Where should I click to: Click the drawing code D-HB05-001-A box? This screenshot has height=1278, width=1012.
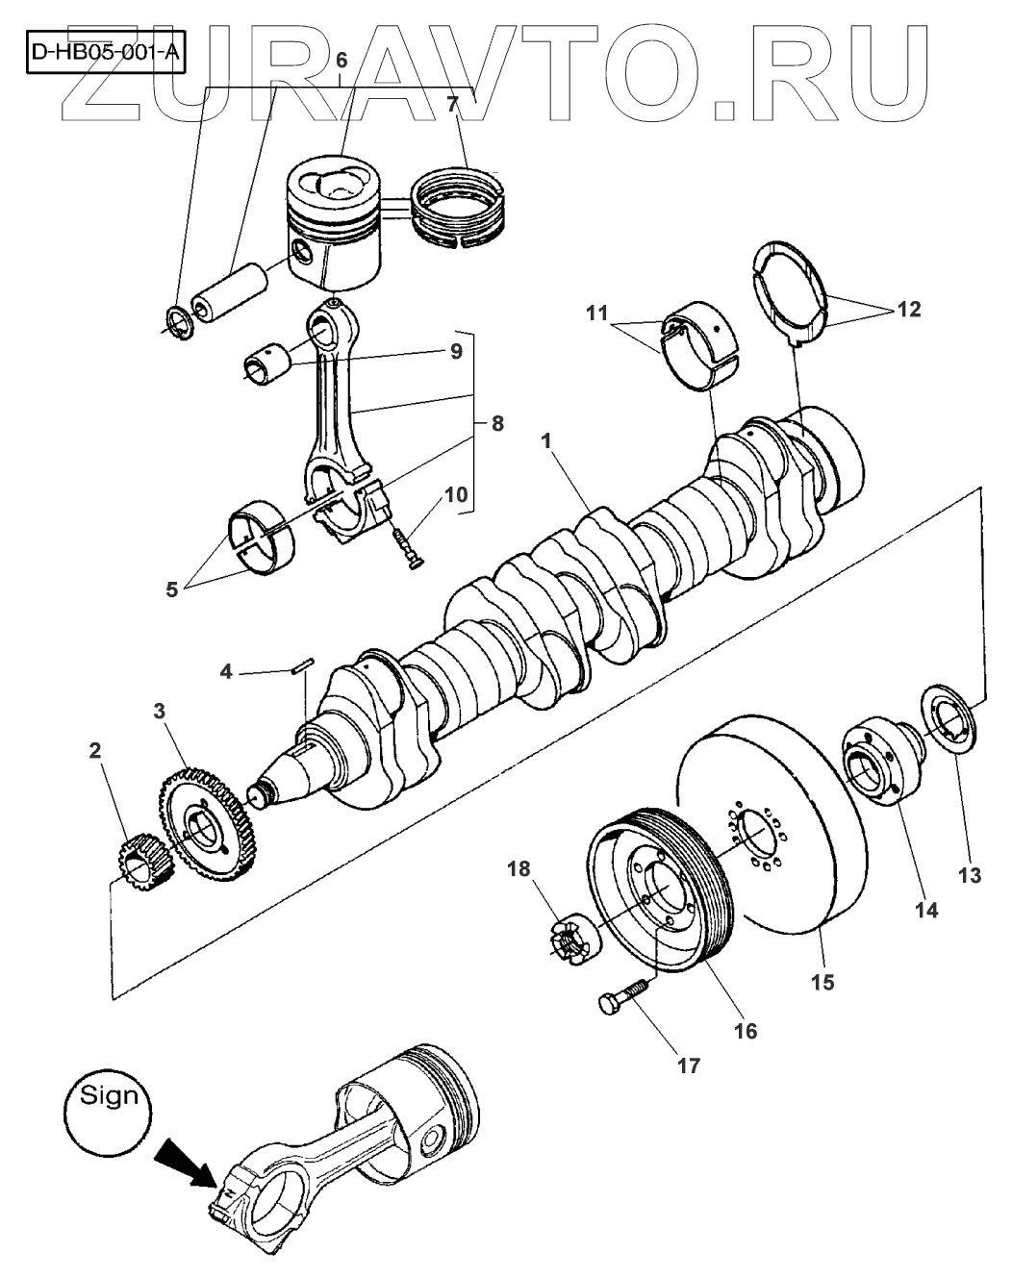tap(105, 52)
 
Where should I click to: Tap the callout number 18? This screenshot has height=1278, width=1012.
tap(519, 869)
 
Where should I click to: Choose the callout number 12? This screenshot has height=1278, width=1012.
tap(909, 310)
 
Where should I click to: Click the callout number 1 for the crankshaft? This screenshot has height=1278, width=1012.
tap(546, 441)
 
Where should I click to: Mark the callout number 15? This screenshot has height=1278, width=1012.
tap(823, 982)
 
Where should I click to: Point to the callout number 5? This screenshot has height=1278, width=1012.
tap(172, 589)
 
